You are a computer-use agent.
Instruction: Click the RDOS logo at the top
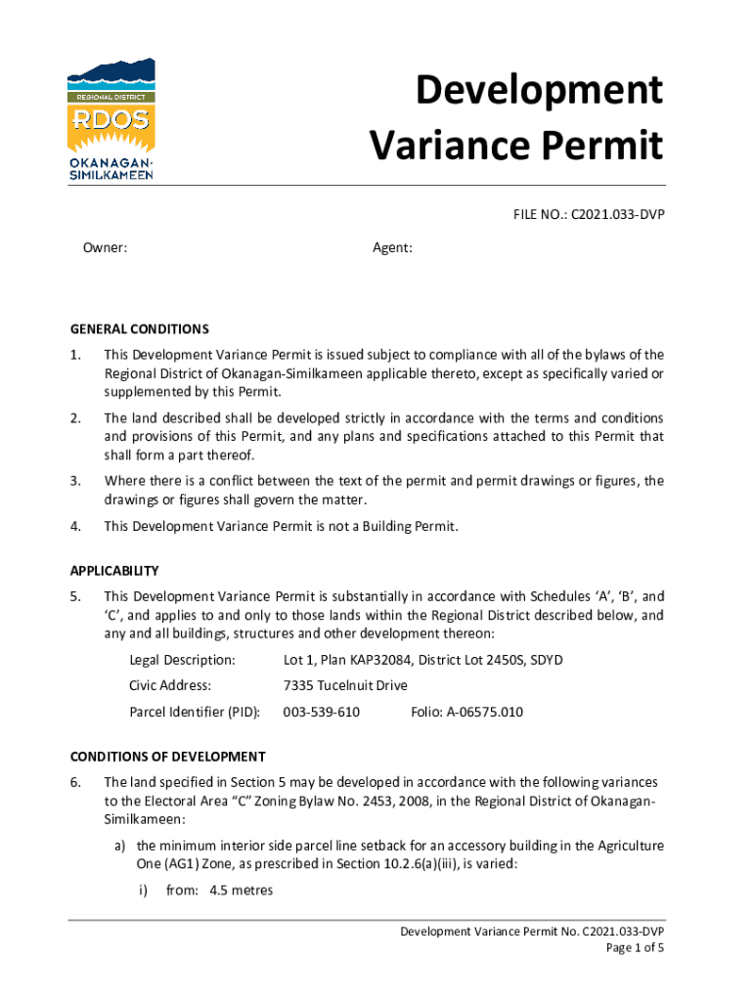[111, 118]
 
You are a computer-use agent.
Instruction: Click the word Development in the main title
[539, 91]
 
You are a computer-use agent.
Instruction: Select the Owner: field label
[105, 248]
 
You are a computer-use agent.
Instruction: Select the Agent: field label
[392, 248]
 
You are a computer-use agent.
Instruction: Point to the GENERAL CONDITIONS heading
[140, 329]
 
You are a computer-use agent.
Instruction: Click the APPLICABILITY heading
[114, 570]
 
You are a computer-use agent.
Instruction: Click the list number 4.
[75, 527]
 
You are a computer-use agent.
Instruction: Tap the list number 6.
[75, 782]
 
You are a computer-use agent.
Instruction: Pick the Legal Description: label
[182, 660]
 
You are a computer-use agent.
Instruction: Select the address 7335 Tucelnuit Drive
[345, 685]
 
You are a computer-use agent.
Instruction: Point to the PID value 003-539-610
[321, 712]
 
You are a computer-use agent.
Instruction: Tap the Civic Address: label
[170, 685]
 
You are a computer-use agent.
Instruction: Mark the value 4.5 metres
[242, 891]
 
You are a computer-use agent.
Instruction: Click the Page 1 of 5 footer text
[635, 948]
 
